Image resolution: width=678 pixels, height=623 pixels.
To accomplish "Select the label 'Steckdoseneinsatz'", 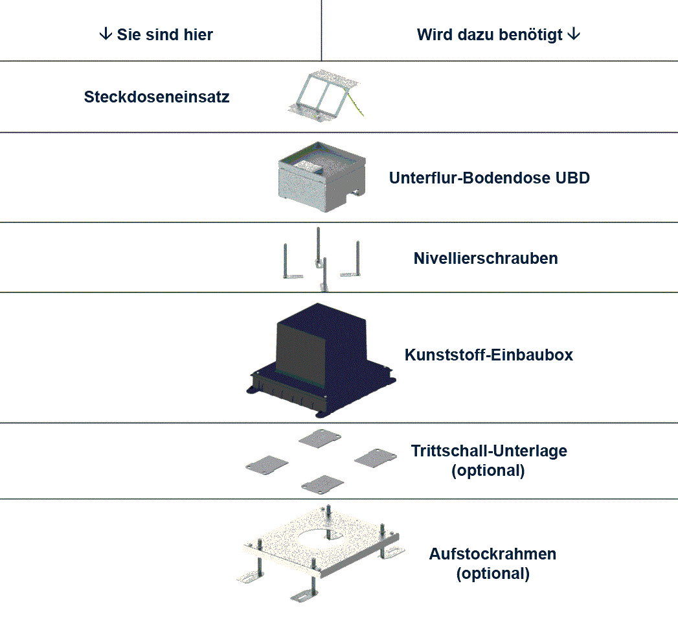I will point(157,97).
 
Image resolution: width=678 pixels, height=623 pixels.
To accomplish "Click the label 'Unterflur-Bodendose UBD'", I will point(489,178).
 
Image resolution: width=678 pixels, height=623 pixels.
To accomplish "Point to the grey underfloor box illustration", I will point(321,178).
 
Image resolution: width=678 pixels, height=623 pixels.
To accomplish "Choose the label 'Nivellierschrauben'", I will point(486,258).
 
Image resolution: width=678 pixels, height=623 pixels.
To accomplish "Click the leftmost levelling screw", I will point(286,263).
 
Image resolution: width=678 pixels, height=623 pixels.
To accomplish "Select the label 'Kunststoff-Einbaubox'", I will point(488,355).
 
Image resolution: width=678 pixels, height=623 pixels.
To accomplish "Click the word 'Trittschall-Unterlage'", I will point(489,451).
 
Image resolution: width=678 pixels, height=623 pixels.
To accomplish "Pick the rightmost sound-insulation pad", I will point(375,456).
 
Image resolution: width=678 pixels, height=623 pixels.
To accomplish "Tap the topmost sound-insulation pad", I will point(320,438).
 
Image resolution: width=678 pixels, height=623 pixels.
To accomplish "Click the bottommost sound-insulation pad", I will point(322,483).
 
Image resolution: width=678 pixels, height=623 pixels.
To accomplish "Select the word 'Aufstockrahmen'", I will point(492,554).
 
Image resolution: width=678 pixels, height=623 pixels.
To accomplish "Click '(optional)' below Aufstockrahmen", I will point(492,574).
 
